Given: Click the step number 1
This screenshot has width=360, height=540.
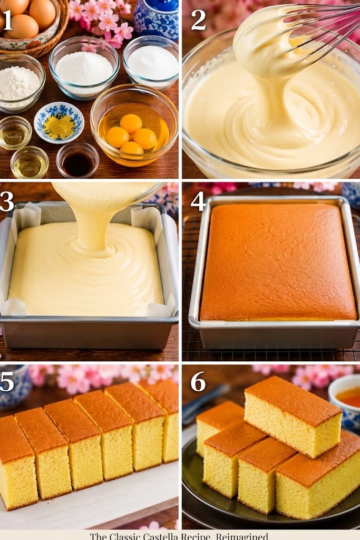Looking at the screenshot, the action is click(7, 20).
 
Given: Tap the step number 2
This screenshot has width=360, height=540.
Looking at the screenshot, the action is click(198, 20).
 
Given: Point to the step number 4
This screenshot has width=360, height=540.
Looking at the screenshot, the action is click(198, 201).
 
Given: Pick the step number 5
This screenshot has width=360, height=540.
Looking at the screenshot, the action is click(7, 381).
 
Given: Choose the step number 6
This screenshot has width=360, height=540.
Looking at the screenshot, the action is click(198, 381).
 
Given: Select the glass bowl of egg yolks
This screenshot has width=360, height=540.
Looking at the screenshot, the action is click(134, 126).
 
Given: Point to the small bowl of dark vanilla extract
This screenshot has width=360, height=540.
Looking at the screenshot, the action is click(78, 160).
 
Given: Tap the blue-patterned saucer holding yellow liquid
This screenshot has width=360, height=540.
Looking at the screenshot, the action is click(59, 122).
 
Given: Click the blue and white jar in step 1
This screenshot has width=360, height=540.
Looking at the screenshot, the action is click(156, 17).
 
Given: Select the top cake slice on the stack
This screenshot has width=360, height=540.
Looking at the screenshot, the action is click(293, 416).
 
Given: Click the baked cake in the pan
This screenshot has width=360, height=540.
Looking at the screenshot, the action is click(278, 262).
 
